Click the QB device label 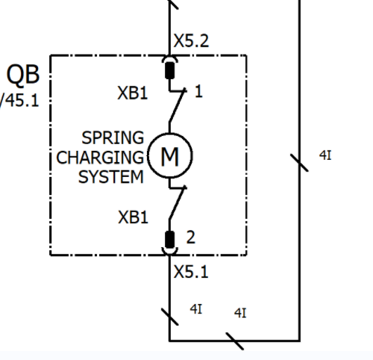click(23, 75)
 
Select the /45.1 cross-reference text click(19, 101)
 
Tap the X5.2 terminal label click(191, 41)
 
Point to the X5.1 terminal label click(191, 272)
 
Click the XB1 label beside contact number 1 click(133, 93)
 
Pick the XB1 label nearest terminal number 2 click(133, 217)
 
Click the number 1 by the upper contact click(198, 91)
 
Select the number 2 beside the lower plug click(191, 237)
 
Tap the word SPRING click(113, 137)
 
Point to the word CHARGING click(100, 158)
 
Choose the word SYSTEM click(111, 177)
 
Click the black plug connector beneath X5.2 click(170, 70)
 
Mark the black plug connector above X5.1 click(170, 240)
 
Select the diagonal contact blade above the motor click(177, 106)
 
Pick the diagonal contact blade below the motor click(177, 203)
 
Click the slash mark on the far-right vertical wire click(299, 163)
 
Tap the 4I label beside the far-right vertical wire click(325, 155)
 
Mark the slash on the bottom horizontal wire click(235, 341)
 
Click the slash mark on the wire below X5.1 click(170, 317)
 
